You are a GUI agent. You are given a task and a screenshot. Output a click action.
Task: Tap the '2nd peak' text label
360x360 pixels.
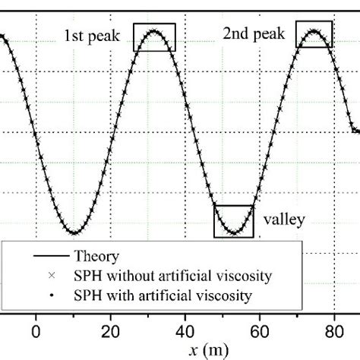click(x=253, y=33)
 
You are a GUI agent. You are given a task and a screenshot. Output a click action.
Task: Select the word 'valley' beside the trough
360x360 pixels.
click(x=284, y=220)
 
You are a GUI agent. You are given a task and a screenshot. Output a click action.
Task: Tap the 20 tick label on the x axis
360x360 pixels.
click(x=111, y=331)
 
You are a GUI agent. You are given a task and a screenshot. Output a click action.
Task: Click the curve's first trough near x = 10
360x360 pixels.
click(x=74, y=232)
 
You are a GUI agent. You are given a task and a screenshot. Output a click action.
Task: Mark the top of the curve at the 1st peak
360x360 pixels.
click(x=154, y=31)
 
